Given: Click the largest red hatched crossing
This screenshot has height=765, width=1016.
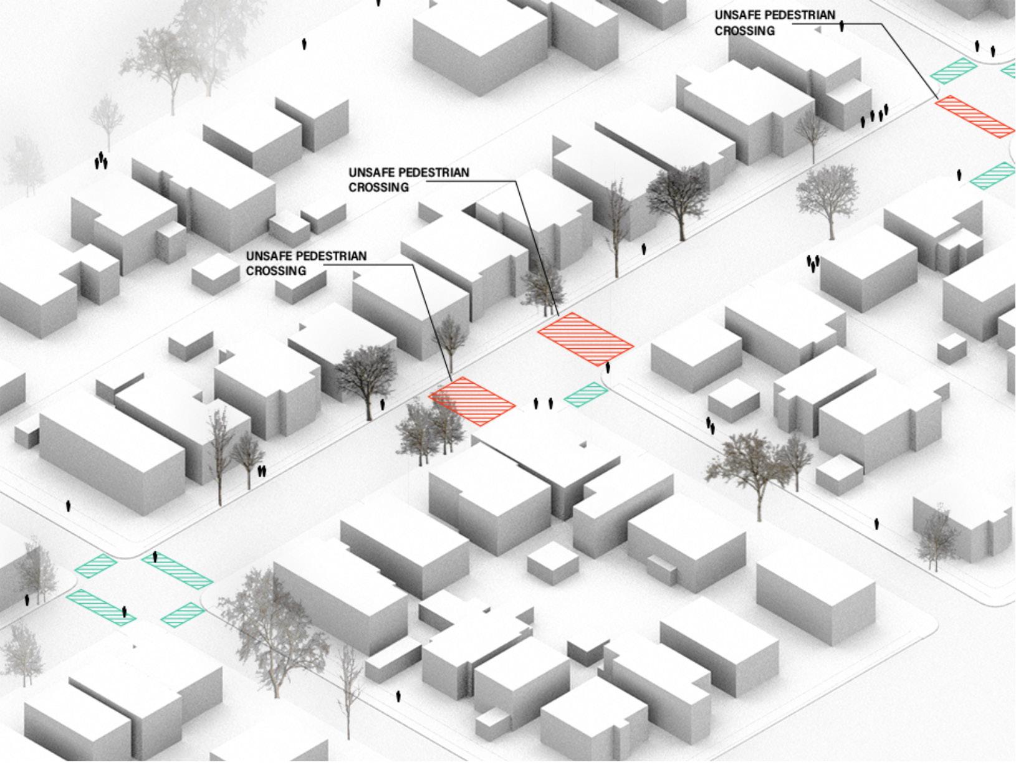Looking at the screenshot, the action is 585,339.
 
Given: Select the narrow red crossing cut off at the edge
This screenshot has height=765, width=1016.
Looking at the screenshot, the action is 974,116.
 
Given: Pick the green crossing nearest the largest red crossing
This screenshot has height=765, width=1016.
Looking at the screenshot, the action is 585,393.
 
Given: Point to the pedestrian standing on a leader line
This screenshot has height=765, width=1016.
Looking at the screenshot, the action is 841,26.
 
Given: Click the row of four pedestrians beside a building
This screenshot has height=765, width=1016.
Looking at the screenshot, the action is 874,115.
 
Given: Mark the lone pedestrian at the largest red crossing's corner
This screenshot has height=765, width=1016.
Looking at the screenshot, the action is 608,368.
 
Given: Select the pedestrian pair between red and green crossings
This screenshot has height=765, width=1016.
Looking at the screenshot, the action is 543,404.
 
